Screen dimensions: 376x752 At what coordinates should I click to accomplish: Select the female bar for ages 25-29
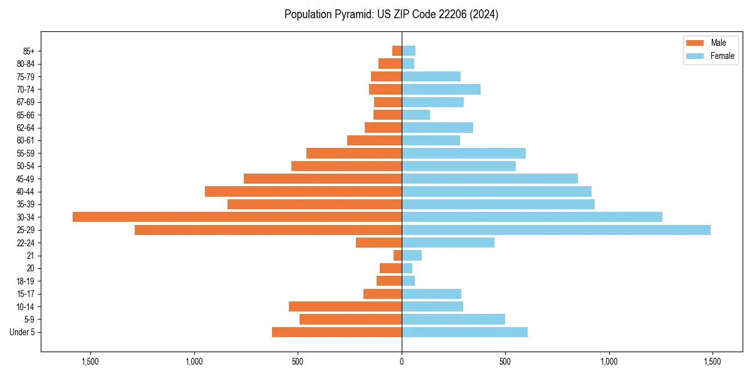556,230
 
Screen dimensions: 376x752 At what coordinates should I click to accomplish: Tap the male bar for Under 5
337,332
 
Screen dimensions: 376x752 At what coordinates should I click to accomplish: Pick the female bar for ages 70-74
441,89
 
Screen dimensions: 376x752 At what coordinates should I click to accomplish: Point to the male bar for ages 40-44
303,191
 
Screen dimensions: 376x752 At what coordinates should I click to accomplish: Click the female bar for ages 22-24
448,243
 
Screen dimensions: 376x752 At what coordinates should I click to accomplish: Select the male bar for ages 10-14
345,306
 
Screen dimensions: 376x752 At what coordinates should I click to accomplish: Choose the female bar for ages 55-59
464,153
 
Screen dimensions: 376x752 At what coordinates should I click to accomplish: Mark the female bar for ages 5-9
453,320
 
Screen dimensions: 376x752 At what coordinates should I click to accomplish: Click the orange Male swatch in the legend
696,43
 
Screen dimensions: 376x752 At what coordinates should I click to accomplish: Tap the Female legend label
723,56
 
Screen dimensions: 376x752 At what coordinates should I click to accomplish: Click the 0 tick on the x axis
402,362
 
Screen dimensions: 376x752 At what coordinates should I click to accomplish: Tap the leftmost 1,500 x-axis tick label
91,362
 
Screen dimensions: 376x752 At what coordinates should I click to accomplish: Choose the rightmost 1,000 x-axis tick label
608,362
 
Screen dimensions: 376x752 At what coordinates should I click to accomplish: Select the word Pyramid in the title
352,14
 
